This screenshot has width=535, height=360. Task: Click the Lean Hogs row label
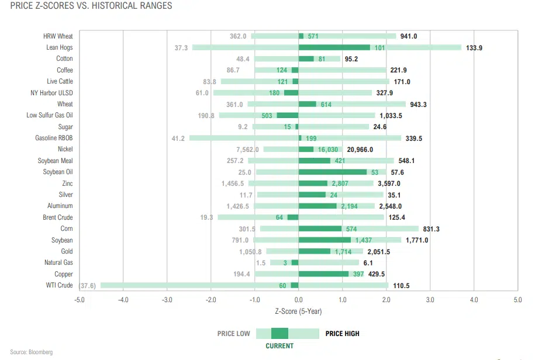[60, 47]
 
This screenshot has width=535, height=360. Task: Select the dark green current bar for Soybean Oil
[332, 172]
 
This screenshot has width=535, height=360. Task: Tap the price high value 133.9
[474, 47]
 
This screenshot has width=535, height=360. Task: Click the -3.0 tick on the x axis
[167, 300]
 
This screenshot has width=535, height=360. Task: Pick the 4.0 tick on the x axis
[474, 300]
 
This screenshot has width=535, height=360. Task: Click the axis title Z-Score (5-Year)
[298, 311]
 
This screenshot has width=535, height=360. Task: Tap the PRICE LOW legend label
[234, 334]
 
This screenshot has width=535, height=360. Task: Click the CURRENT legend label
[279, 345]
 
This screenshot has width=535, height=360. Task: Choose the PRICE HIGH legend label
[343, 334]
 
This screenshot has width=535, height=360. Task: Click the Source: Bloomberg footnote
[31, 352]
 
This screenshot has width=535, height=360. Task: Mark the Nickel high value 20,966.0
[364, 150]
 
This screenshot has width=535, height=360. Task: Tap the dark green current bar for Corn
[320, 229]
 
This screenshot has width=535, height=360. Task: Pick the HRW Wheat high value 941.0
[409, 36]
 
